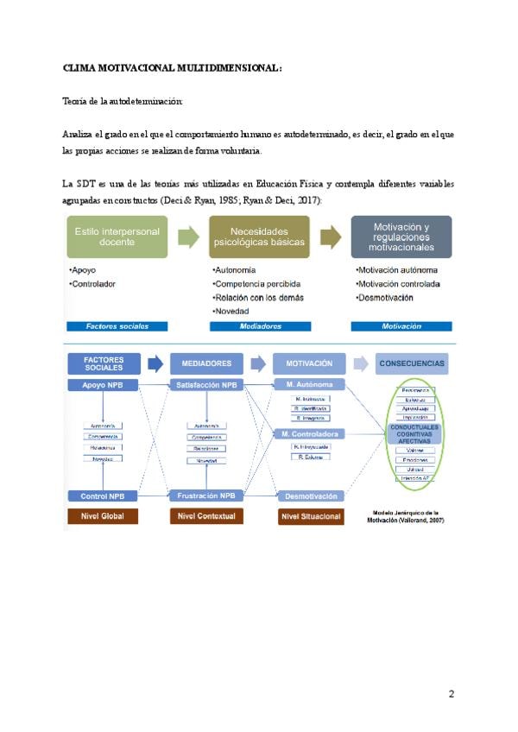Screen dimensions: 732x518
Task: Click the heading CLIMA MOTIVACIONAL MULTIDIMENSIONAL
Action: [x=173, y=67]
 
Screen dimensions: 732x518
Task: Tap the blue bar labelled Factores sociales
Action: [x=117, y=326]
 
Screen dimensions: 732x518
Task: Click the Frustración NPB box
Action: [x=206, y=495]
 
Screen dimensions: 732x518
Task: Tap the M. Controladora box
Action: [x=309, y=433]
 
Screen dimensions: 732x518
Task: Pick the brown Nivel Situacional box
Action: [x=309, y=516]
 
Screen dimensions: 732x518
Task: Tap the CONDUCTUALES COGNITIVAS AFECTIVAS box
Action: [x=414, y=432]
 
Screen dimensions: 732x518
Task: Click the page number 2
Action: [x=450, y=694]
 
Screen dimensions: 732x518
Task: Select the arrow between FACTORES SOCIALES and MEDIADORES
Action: [x=155, y=363]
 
